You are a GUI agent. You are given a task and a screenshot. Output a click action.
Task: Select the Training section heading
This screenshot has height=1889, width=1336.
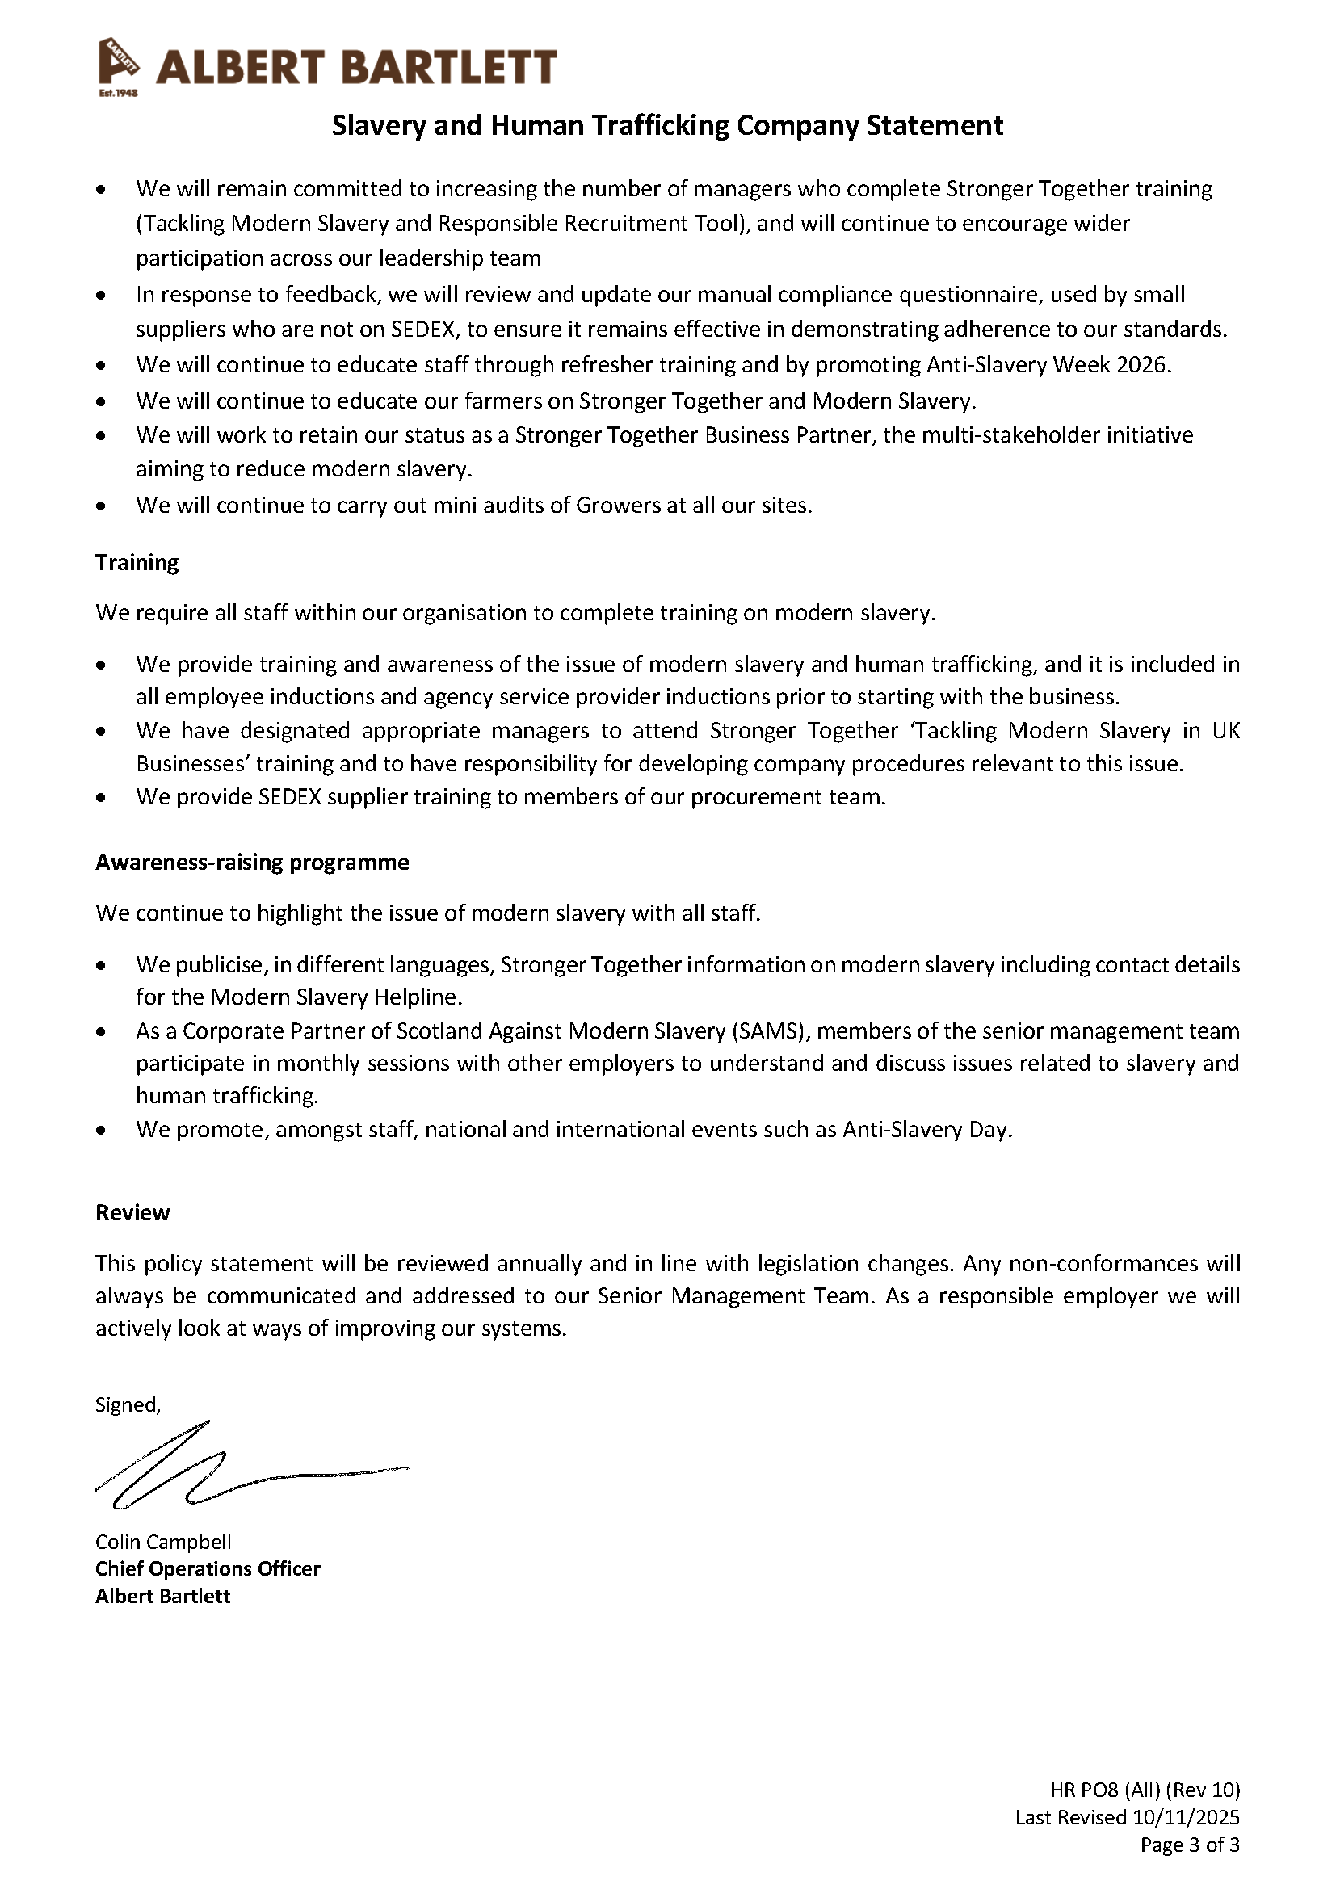137,563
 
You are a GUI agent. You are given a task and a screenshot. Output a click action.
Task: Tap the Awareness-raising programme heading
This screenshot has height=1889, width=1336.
252,863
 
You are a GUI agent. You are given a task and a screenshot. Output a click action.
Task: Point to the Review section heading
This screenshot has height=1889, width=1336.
132,1213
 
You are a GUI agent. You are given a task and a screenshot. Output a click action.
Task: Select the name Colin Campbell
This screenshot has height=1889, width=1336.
163,1542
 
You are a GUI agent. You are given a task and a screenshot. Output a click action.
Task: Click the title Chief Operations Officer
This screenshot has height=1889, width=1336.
208,1569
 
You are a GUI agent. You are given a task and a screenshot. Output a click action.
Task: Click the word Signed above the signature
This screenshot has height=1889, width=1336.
127,1405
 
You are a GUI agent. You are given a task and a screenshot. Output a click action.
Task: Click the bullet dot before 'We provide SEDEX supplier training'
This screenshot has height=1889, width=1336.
100,797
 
